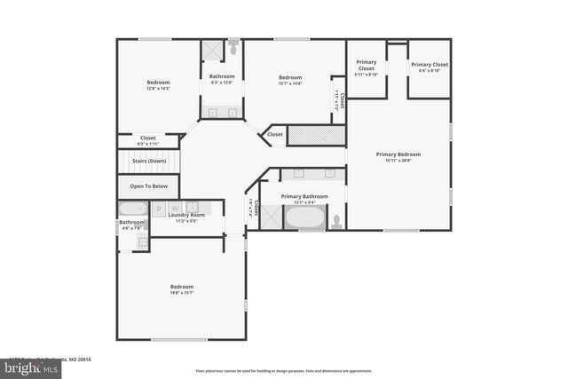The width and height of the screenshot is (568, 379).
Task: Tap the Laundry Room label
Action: tap(186, 215)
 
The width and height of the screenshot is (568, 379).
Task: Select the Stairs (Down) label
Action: tap(149, 162)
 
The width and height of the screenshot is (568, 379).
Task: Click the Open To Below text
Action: tap(149, 186)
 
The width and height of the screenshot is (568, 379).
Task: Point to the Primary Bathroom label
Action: tap(304, 196)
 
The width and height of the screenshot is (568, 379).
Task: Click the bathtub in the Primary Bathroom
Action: tap(304, 217)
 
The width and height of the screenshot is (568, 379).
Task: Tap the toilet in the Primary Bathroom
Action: tap(336, 220)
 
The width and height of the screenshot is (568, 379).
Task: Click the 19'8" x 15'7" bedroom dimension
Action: tap(182, 293)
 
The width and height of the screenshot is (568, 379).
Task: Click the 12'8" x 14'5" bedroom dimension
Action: tap(158, 89)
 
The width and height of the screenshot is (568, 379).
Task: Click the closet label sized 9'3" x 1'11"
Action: tap(147, 138)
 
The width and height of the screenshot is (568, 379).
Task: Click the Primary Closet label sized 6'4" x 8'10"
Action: tap(429, 65)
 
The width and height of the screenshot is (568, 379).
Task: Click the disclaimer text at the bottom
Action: tap(285, 370)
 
